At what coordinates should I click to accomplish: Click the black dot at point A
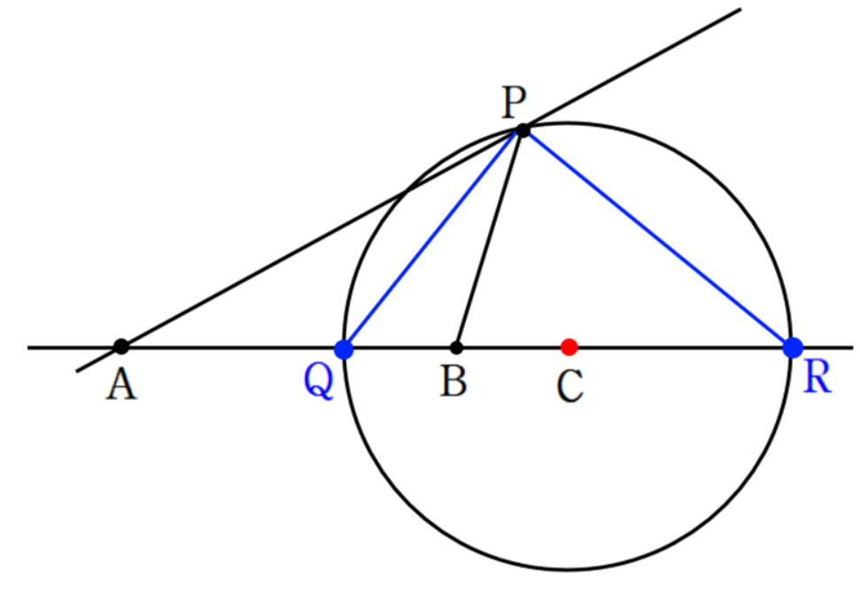tap(121, 346)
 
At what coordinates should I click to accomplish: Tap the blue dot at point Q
tap(344, 349)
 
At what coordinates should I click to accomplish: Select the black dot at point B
tap(456, 347)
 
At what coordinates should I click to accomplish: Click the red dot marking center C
tap(569, 347)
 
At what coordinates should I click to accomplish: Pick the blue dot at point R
tap(793, 347)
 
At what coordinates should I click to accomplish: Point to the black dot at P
tap(523, 130)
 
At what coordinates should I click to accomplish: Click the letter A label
tap(121, 384)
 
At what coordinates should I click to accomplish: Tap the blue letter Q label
tap(318, 381)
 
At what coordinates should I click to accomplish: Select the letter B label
tap(453, 381)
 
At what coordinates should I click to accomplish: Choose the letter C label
tap(569, 386)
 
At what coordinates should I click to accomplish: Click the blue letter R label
tap(817, 378)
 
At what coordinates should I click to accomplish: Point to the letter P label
tap(514, 103)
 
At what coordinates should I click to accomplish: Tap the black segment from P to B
tap(488, 239)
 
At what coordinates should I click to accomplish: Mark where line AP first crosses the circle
tap(405, 192)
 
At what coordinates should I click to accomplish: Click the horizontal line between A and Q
tap(233, 347)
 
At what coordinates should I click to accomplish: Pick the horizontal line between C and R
tap(681, 347)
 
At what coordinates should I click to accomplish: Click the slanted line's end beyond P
tap(741, 9)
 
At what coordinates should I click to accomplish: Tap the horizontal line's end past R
tap(853, 347)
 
